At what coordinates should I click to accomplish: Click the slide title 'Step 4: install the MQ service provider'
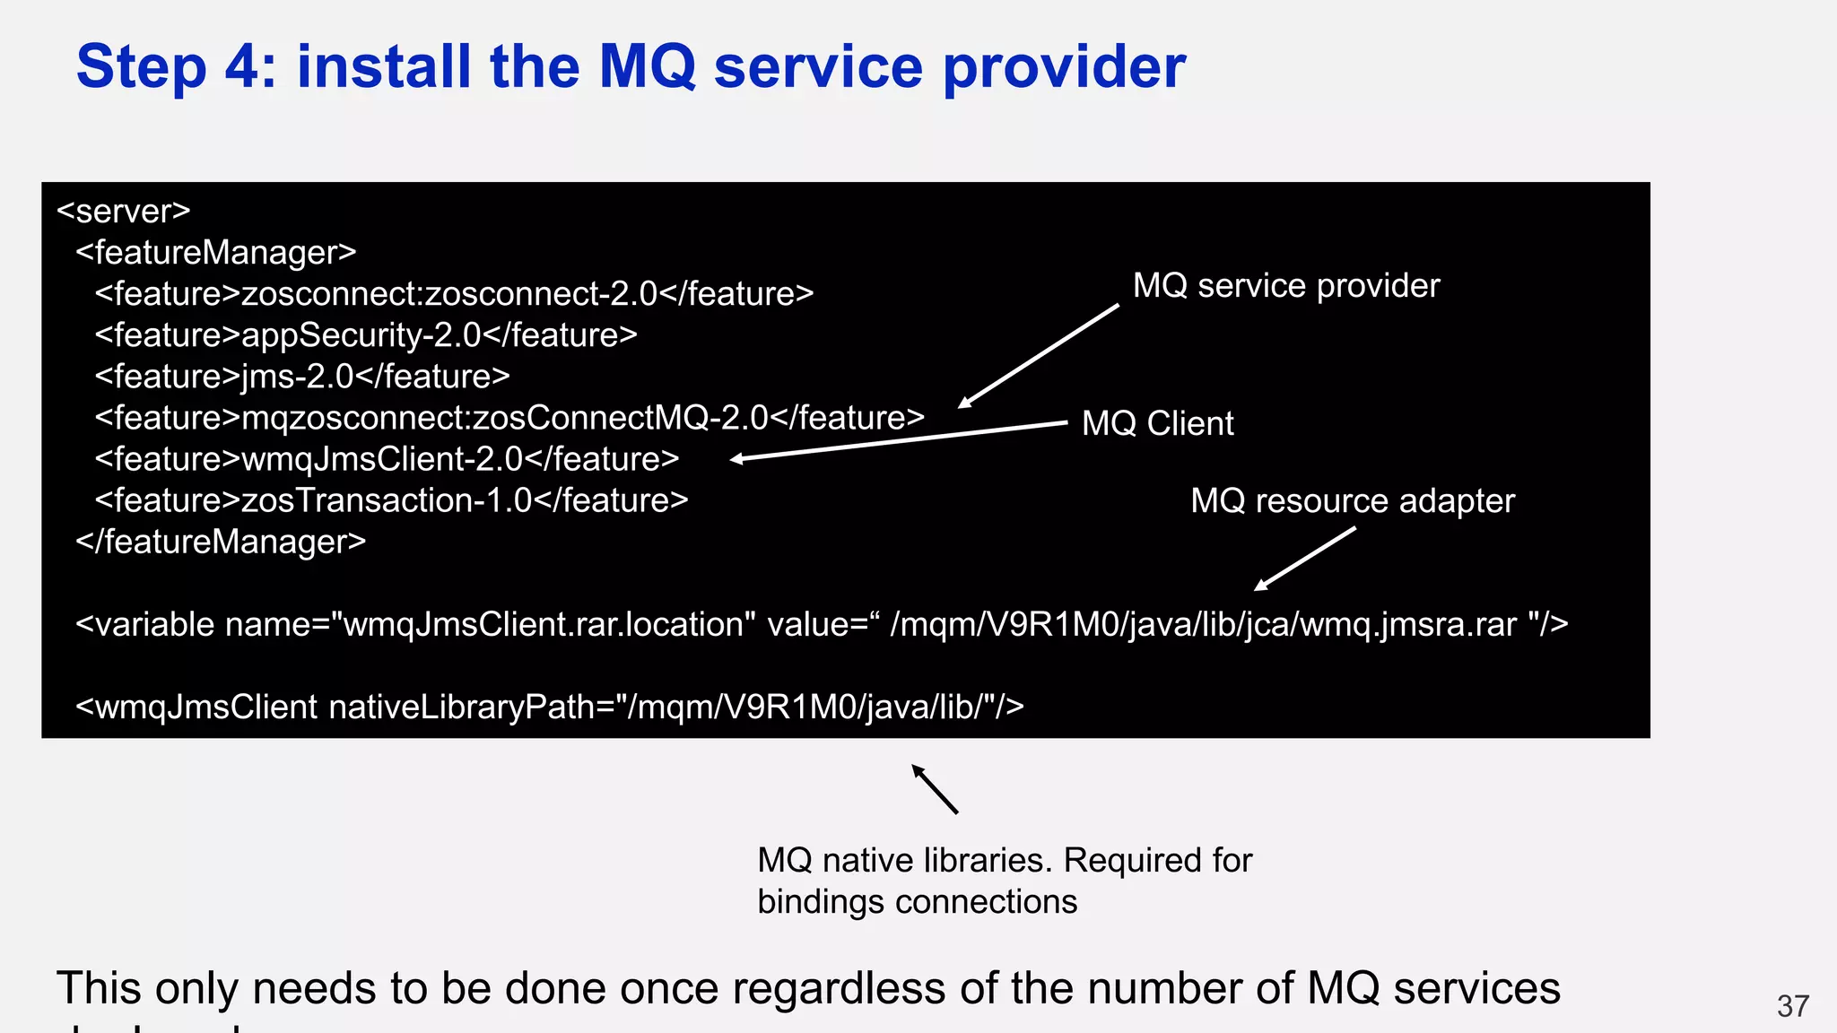pos(631,66)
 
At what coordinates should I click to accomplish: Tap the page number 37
pos(1792,1006)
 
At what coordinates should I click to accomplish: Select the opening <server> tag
pos(124,211)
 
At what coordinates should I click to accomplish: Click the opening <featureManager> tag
pos(216,252)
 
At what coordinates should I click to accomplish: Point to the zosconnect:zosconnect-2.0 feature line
pos(454,293)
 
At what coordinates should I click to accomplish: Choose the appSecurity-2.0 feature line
pos(366,334)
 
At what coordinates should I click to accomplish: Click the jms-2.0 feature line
pos(302,376)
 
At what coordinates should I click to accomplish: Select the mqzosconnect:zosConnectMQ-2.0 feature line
pos(509,417)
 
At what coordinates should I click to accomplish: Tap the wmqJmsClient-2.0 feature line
pos(387,458)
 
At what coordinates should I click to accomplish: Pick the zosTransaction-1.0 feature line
pos(391,499)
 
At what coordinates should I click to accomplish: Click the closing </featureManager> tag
pos(221,541)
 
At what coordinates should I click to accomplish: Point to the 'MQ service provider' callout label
pos(1285,285)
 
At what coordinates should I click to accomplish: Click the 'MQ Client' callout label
pos(1157,423)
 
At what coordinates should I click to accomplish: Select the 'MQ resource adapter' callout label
pos(1352,500)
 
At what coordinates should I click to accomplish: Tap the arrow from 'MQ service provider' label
pos(1039,356)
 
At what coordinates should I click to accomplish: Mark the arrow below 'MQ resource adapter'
pos(1304,559)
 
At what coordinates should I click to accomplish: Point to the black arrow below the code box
pos(935,789)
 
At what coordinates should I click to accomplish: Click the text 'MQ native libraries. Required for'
pos(1005,860)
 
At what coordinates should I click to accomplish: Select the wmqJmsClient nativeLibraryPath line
pos(549,707)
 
